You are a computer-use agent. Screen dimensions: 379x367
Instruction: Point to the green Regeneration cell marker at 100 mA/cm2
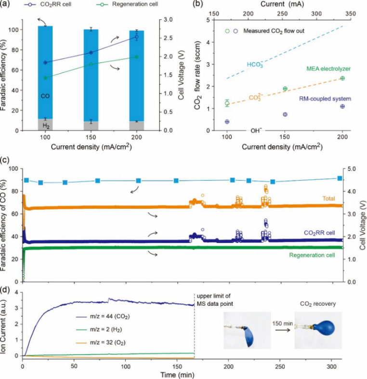click(x=45, y=78)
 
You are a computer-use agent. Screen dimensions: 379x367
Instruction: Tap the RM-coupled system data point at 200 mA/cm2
click(x=342, y=107)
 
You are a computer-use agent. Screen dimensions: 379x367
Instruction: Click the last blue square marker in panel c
click(x=340, y=178)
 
